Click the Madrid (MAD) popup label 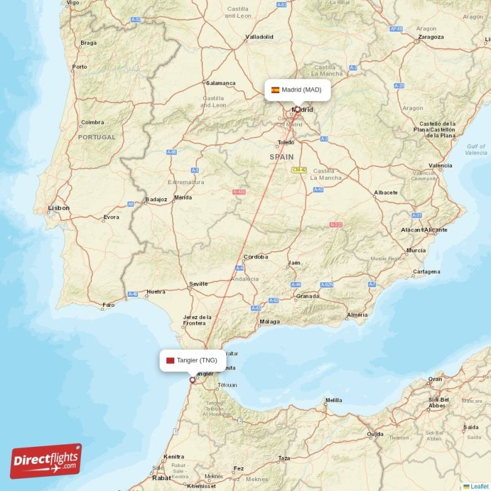(x=297, y=90)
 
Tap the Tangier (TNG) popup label (x=191, y=360)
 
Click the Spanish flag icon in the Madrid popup (x=276, y=90)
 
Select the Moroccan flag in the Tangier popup (x=170, y=360)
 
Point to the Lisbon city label (x=59, y=208)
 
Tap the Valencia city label (x=440, y=166)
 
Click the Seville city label (x=199, y=284)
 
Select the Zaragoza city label (x=430, y=37)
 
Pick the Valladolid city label (x=259, y=37)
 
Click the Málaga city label (x=269, y=322)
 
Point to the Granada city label (x=307, y=296)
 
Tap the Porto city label (x=79, y=67)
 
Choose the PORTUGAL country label (x=96, y=137)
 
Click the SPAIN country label (x=282, y=157)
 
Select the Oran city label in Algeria (x=435, y=379)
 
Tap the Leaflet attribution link (x=479, y=487)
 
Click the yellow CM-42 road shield (x=299, y=169)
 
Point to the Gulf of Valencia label (x=476, y=149)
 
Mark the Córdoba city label (x=256, y=257)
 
